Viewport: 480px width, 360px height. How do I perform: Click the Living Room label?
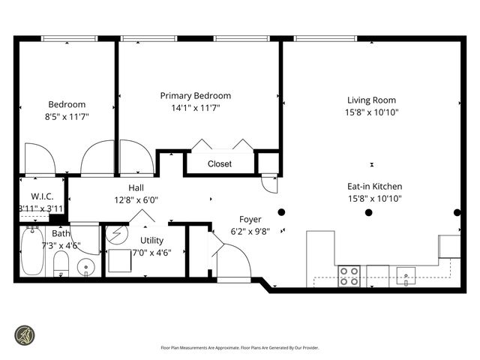[x=371, y=100]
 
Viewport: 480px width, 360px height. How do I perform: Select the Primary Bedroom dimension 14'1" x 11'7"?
[x=195, y=108]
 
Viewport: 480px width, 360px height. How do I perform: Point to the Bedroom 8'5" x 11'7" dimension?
[x=67, y=117]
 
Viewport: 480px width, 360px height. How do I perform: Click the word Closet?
[x=220, y=163]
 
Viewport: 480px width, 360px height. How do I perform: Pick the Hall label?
[x=136, y=188]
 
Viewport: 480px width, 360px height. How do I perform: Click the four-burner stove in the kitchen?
[x=349, y=276]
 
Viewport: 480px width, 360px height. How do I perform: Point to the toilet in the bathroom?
[x=61, y=264]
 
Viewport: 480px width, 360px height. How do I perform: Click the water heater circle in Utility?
[x=118, y=235]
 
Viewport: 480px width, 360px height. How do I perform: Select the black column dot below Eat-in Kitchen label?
[x=368, y=212]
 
